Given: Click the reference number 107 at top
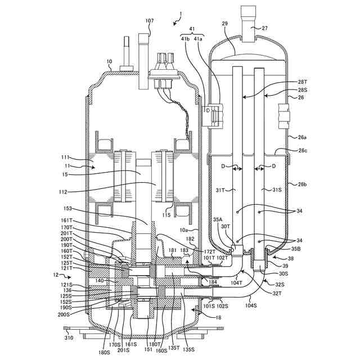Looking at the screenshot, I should [x=149, y=21].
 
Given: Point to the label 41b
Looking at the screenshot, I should [x=186, y=39].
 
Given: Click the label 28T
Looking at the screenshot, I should [x=302, y=82].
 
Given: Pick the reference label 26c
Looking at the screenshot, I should [x=303, y=150].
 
